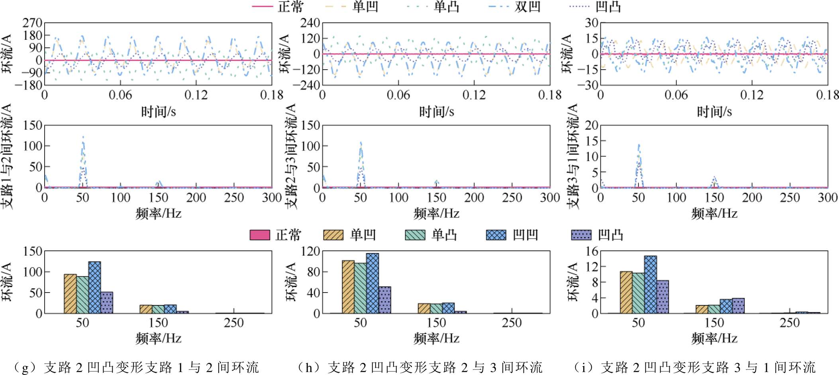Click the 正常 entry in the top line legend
tap(290, 7)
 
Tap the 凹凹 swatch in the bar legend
tap(496, 235)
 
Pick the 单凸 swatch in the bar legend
tap(415, 235)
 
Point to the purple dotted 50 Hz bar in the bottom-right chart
tap(663, 297)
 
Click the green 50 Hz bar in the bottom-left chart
tap(82, 295)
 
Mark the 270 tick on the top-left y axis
tap(32, 23)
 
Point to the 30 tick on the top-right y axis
tap(592, 23)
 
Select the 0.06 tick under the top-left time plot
tap(120, 95)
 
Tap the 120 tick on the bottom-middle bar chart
tap(311, 251)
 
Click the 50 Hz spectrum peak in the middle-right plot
tap(639, 146)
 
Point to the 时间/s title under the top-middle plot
tap(436, 112)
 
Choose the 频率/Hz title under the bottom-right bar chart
tap(714, 338)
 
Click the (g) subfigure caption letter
tap(25, 367)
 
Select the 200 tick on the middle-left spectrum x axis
tap(196, 197)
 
